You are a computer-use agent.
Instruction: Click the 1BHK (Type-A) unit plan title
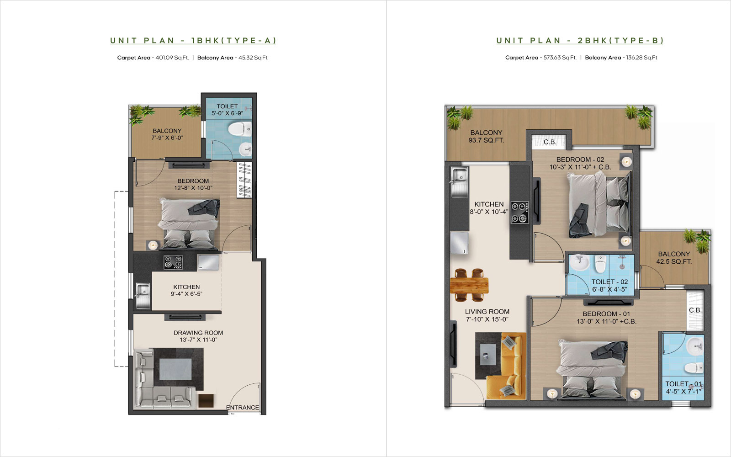click(x=193, y=41)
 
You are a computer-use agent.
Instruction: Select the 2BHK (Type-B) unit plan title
click(x=580, y=41)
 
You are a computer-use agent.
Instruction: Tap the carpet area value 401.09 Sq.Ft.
click(x=172, y=58)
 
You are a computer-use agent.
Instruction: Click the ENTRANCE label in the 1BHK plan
click(x=243, y=407)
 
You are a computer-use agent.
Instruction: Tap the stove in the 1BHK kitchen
click(x=173, y=262)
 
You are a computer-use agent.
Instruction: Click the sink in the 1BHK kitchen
click(x=143, y=295)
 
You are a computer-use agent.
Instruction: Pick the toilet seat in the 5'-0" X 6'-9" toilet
click(x=240, y=129)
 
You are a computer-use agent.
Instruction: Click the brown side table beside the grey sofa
click(x=206, y=400)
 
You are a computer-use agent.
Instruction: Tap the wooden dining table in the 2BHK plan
click(x=469, y=285)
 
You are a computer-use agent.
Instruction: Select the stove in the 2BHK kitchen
click(x=519, y=212)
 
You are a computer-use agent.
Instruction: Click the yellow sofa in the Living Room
click(x=506, y=366)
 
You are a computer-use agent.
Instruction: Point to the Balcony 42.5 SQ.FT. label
click(x=674, y=258)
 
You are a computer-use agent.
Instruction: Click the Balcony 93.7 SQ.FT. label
click(x=486, y=137)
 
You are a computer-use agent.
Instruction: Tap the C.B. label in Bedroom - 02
click(x=550, y=142)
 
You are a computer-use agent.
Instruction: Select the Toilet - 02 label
click(x=609, y=286)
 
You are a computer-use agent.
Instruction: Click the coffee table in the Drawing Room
click(x=175, y=369)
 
